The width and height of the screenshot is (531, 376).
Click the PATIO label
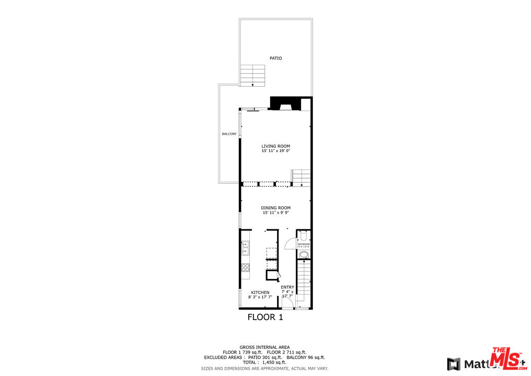click(275, 58)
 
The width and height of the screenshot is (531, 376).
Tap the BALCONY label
click(229, 134)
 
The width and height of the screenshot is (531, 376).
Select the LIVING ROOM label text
click(275, 146)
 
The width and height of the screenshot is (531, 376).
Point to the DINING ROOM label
click(275, 208)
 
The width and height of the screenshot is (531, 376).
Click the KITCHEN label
click(260, 292)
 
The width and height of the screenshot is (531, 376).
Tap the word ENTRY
click(287, 287)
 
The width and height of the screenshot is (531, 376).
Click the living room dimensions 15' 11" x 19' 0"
click(275, 151)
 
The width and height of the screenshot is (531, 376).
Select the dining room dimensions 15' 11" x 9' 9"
click(275, 213)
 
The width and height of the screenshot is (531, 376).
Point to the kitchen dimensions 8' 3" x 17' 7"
click(260, 297)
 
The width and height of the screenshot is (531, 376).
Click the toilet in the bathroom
click(304, 234)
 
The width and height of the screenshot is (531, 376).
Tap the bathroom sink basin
click(304, 255)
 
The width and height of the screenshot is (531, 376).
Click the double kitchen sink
click(245, 248)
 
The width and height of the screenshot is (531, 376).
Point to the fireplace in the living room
click(285, 105)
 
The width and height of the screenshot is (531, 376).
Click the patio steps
click(253, 75)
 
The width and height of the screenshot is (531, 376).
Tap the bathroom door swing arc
click(289, 245)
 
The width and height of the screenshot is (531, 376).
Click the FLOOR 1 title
click(265, 317)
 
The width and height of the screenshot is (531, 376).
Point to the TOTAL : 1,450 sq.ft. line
click(264, 362)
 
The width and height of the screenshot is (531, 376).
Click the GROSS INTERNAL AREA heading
click(264, 347)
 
